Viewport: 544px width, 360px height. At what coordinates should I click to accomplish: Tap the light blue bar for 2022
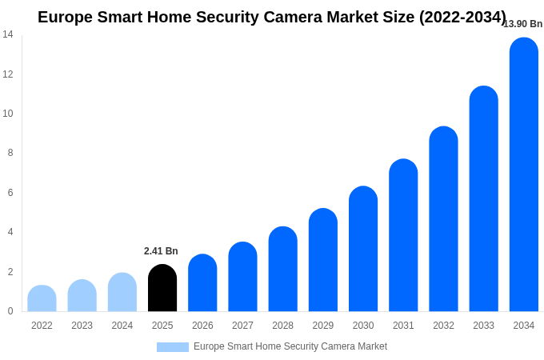[42, 298]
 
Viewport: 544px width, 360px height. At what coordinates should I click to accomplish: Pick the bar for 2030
[363, 249]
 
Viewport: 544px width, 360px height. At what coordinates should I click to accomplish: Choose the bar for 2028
[282, 269]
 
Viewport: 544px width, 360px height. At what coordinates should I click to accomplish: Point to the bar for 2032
[443, 219]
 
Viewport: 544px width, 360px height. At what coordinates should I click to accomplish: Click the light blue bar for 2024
[122, 292]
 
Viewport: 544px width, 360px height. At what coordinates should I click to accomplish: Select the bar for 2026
[202, 283]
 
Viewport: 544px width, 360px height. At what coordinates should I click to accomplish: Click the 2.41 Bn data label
[161, 251]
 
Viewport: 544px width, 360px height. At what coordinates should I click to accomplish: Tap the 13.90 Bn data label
[523, 24]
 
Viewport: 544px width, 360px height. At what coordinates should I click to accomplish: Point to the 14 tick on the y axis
[8, 34]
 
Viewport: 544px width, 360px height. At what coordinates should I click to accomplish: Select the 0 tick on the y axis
[10, 311]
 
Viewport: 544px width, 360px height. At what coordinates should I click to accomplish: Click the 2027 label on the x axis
[242, 326]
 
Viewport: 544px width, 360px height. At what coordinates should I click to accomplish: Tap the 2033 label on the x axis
[483, 326]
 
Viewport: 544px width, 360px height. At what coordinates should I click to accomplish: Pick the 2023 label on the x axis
[82, 326]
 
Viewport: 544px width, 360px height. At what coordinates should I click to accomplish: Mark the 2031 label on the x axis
[403, 326]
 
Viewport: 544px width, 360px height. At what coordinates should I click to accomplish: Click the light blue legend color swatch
[173, 347]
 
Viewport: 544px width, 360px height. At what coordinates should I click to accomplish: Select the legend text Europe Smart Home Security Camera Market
[290, 346]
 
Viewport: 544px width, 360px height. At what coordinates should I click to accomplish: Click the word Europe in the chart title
[65, 17]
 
